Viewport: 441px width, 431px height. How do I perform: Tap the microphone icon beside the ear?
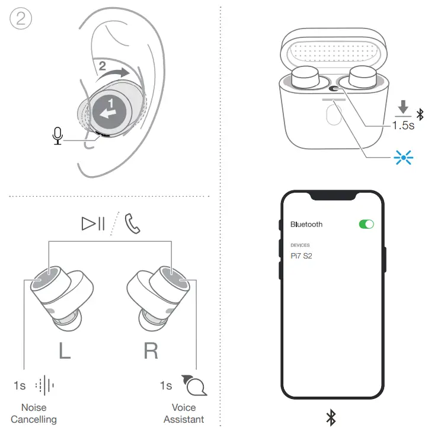57,136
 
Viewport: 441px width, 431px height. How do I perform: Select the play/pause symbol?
93,224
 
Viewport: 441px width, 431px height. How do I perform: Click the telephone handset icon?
132,224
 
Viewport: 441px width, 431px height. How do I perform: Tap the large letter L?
63,350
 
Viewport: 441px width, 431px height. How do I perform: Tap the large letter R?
151,350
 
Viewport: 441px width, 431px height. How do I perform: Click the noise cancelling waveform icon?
45,385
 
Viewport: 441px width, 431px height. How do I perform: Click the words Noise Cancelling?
33,413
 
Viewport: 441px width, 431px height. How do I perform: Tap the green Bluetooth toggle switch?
366,224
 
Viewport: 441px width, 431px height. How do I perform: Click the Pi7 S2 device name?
301,255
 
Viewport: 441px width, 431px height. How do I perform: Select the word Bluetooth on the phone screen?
306,224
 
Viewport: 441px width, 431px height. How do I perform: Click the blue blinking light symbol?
404,157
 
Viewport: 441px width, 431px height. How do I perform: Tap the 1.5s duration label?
404,126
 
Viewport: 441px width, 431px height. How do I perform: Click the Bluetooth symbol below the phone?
331,417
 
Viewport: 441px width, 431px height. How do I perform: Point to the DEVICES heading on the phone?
300,245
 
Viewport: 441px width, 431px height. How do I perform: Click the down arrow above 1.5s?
404,107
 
